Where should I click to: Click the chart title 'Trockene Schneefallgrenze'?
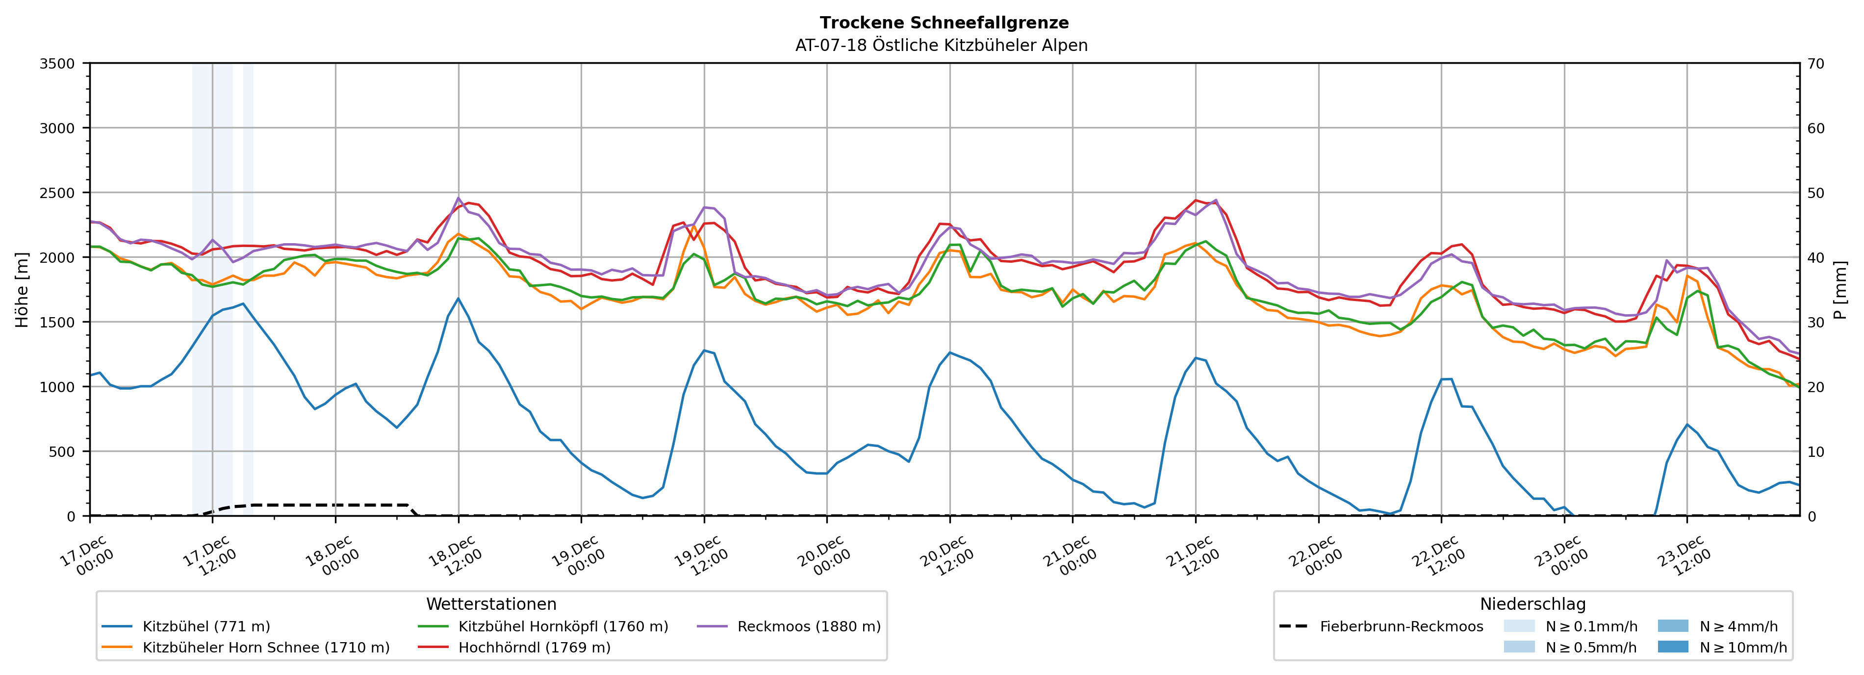[x=944, y=23]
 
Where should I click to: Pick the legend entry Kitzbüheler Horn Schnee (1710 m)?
[x=266, y=648]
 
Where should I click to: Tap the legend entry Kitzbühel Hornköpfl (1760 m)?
[x=563, y=626]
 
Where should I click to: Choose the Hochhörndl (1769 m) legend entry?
[x=534, y=648]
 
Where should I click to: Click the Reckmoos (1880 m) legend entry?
[x=808, y=626]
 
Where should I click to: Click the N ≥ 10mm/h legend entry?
[x=1742, y=648]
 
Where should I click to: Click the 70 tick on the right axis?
[x=1815, y=64]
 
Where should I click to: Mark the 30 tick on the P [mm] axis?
[x=1815, y=323]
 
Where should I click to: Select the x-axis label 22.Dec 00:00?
[x=1315, y=555]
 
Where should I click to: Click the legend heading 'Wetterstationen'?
[x=491, y=604]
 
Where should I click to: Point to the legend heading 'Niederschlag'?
[x=1532, y=604]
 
